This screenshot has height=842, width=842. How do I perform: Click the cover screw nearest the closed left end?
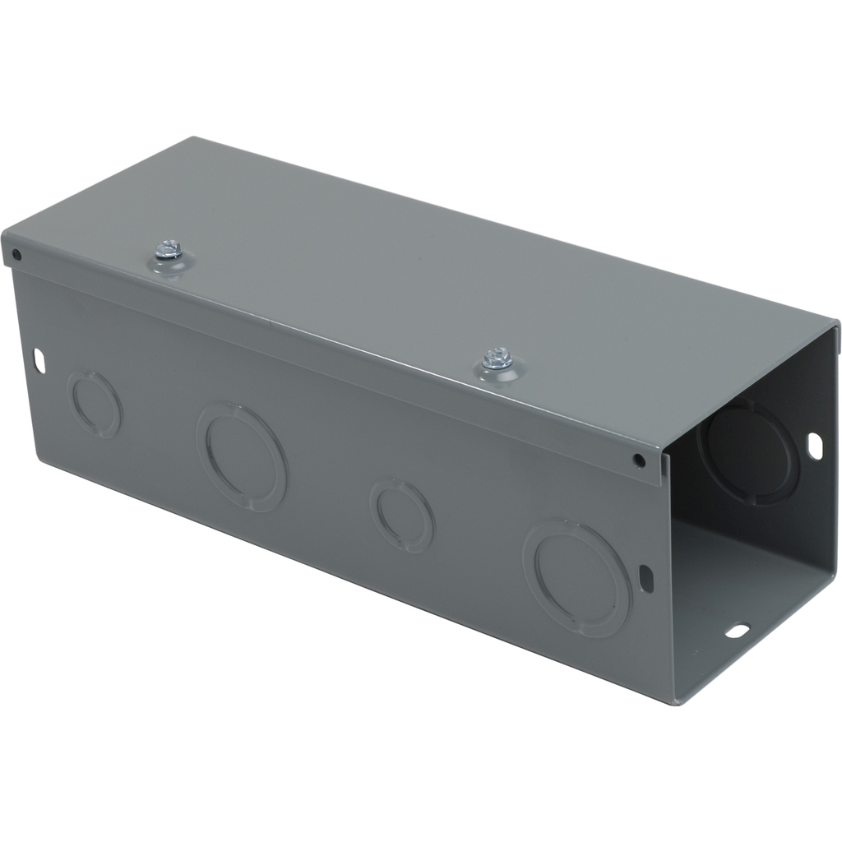tap(170, 248)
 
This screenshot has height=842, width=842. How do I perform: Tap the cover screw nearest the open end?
tap(497, 358)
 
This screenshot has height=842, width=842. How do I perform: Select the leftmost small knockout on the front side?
tap(94, 404)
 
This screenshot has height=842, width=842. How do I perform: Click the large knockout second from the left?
tap(241, 456)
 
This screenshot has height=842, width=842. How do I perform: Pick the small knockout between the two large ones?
tap(401, 515)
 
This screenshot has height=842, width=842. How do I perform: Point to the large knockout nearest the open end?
tap(577, 577)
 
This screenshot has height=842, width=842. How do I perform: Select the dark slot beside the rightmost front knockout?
tap(646, 577)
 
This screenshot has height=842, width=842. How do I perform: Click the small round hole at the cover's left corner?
tap(16, 255)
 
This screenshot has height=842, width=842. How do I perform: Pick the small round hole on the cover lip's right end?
tap(639, 460)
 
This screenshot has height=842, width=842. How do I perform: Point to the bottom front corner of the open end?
tap(676, 703)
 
